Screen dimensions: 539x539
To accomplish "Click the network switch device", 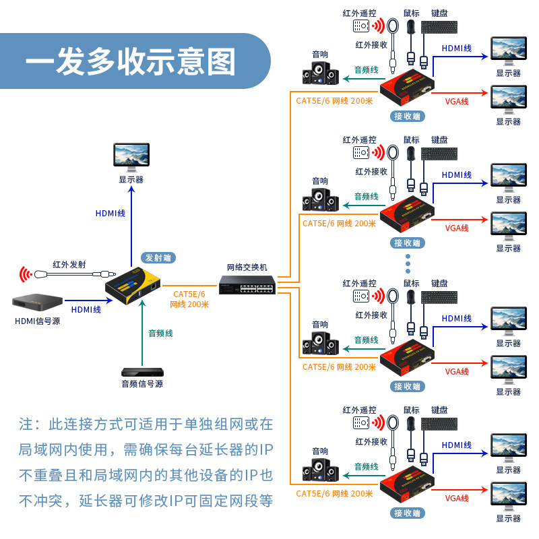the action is (247, 284).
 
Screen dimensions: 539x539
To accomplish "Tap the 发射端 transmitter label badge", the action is (158, 257).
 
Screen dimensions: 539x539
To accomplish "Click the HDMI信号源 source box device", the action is (38, 302).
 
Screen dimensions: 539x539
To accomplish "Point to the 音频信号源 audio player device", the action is (142, 373).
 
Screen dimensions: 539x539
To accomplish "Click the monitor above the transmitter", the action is (131, 157).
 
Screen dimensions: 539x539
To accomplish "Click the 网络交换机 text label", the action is (247, 267).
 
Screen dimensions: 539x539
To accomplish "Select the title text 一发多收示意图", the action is (131, 62).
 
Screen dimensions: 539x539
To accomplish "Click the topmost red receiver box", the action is (407, 87).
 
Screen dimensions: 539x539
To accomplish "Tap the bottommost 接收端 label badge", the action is (408, 513).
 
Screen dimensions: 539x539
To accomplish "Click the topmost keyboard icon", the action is (439, 27).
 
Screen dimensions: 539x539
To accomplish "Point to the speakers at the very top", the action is (321, 73).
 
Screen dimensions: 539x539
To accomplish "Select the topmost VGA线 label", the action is (457, 102).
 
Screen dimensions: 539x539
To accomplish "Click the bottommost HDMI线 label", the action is (457, 445).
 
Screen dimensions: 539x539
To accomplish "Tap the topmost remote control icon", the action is (361, 26).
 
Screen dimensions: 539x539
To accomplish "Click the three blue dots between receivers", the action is (408, 263).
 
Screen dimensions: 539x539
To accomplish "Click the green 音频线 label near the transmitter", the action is (160, 333).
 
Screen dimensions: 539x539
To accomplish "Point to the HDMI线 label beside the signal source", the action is (86, 309).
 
